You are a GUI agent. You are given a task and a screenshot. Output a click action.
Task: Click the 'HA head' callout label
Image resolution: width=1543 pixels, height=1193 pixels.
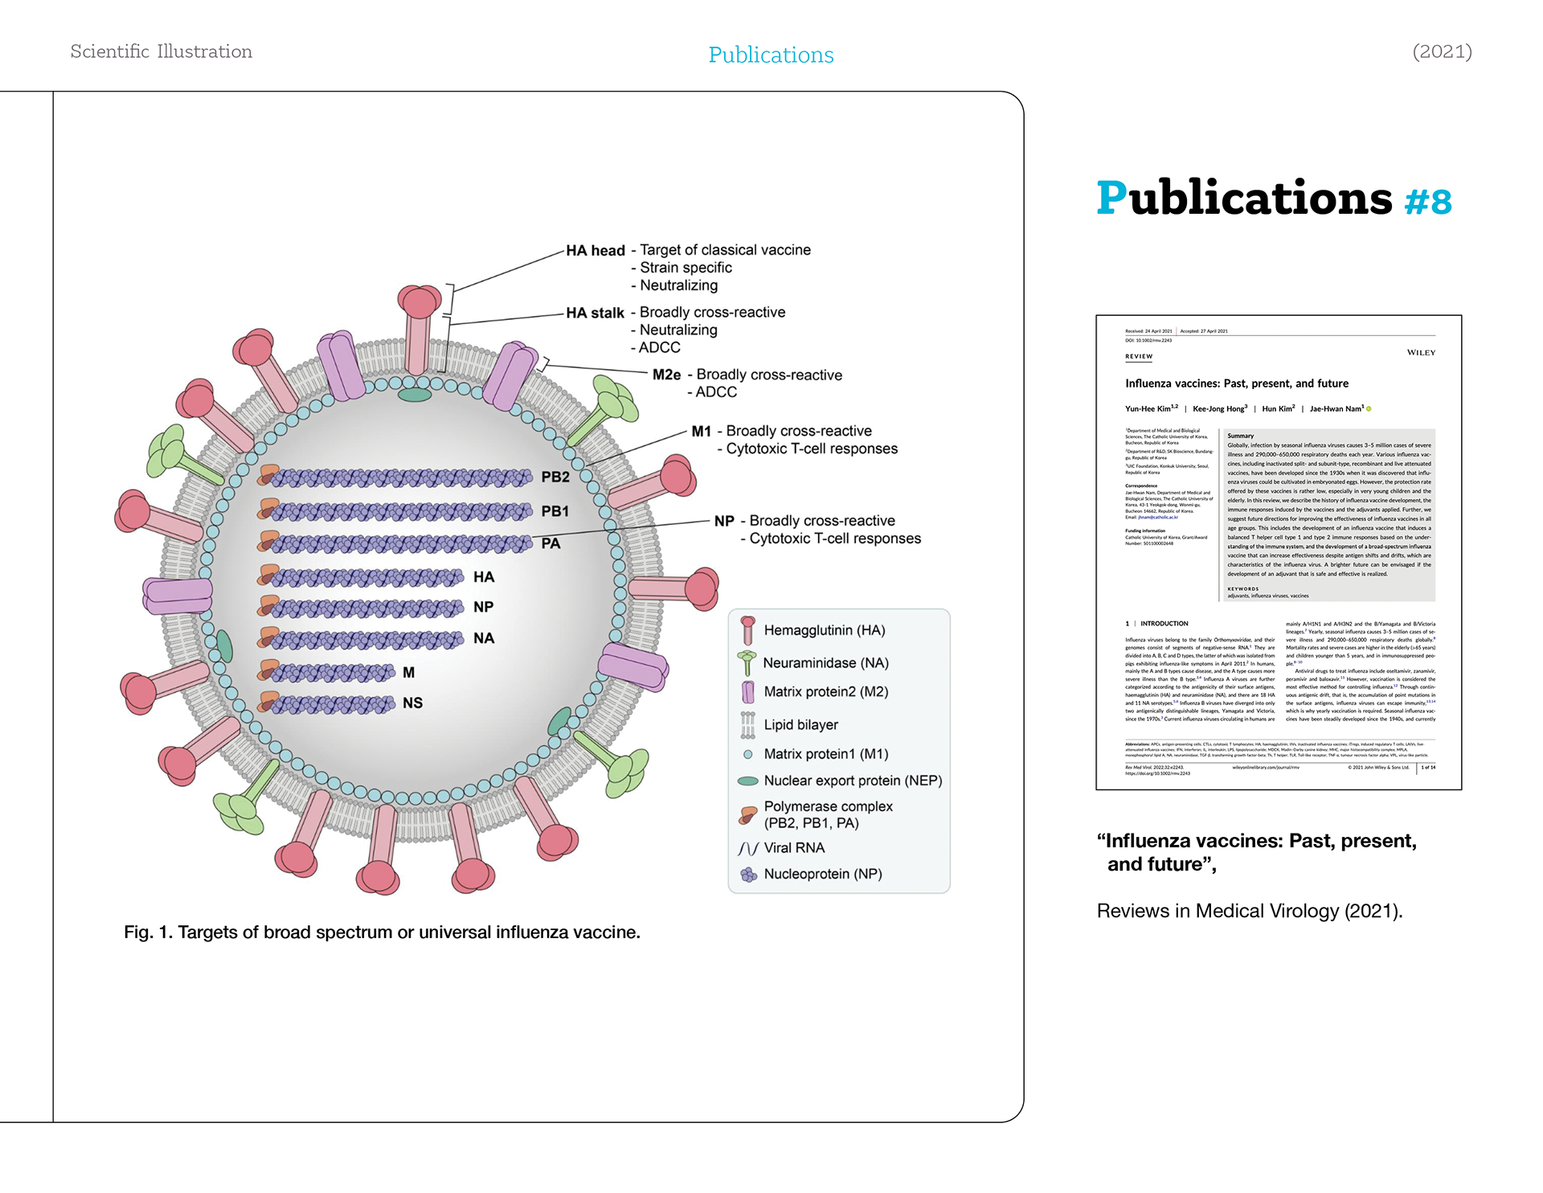click(595, 251)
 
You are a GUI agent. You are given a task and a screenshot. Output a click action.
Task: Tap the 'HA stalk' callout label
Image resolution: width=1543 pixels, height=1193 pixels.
click(595, 313)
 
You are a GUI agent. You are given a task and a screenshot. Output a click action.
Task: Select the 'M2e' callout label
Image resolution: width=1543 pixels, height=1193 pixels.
click(666, 375)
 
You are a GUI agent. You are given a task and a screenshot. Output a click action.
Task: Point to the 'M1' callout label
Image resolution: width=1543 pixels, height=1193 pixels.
click(701, 432)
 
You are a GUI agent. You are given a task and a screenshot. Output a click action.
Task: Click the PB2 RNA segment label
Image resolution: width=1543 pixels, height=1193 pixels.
click(555, 477)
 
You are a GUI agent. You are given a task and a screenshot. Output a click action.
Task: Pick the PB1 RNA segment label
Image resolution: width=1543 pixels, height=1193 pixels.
click(555, 511)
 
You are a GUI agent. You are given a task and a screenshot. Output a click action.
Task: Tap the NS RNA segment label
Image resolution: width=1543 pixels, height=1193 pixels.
click(412, 703)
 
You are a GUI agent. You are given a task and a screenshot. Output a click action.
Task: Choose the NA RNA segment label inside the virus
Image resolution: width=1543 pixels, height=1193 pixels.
click(483, 638)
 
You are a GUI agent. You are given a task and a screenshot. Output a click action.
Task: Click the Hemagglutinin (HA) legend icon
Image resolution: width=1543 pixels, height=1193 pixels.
click(747, 630)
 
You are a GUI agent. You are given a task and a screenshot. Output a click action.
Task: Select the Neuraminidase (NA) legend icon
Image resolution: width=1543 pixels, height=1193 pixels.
click(747, 662)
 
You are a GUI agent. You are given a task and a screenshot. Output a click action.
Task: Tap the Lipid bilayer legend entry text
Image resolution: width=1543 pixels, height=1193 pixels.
click(800, 724)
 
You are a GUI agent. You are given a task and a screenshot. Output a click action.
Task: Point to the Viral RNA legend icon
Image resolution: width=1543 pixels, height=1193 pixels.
click(747, 848)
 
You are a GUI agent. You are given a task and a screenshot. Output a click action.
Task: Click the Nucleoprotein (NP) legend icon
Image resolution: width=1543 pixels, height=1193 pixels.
click(748, 875)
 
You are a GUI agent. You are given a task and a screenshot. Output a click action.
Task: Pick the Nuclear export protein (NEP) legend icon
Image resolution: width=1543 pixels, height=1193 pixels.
click(747, 781)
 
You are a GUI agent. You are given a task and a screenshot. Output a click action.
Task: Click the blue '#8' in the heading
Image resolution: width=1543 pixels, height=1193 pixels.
click(1428, 202)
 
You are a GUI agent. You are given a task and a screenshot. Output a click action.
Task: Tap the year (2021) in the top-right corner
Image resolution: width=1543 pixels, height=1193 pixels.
click(1442, 51)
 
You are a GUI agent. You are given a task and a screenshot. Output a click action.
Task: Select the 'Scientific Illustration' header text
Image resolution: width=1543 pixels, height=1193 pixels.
click(162, 51)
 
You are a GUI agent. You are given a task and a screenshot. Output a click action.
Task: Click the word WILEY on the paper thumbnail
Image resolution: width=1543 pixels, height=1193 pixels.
click(1421, 352)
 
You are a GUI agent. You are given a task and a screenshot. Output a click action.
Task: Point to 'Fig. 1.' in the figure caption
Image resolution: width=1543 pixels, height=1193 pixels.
click(148, 933)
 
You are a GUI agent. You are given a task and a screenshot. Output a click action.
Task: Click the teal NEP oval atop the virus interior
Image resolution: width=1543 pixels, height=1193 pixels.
click(415, 395)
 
